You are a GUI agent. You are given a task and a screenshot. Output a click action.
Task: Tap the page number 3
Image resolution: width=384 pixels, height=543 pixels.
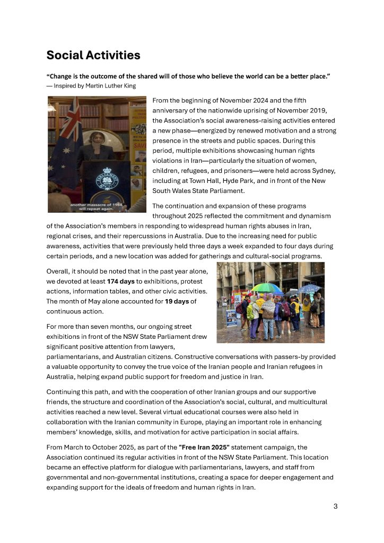point(335,506)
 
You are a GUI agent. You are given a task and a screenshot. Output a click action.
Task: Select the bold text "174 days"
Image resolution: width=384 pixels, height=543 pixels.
point(120,282)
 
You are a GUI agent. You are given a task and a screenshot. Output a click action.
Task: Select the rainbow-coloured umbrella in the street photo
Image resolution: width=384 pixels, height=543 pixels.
point(267,288)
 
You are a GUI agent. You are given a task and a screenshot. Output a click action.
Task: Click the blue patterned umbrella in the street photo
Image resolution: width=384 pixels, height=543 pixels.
point(310,288)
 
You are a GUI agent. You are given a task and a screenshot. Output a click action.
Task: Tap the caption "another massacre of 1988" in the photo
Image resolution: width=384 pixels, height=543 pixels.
point(96,204)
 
